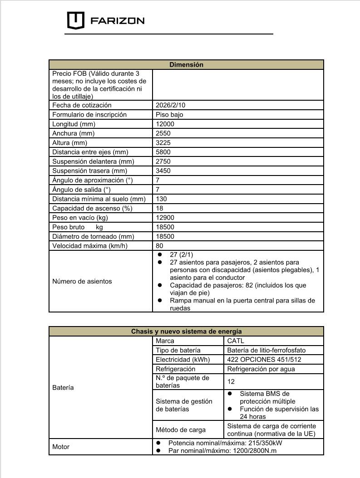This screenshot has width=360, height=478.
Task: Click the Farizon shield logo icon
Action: tap(76, 20)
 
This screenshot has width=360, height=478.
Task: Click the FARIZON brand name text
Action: tap(118, 21)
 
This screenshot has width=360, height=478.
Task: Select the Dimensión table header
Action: tap(186, 64)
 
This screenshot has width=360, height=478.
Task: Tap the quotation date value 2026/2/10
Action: tap(170, 105)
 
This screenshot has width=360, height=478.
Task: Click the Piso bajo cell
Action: tap(169, 115)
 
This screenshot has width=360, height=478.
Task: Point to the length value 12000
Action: tap(165, 124)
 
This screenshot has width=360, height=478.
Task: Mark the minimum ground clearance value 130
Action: tap(161, 199)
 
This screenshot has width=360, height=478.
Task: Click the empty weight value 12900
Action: tap(165, 218)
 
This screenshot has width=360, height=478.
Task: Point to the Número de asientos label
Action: tap(82, 281)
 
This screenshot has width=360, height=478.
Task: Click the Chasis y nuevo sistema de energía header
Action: tap(186, 331)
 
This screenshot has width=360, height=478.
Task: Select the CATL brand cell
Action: tap(236, 341)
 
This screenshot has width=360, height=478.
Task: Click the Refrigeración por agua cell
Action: tap(261, 369)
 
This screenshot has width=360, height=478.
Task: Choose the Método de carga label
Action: tap(180, 429)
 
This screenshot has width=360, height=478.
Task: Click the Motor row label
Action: tap(61, 447)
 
